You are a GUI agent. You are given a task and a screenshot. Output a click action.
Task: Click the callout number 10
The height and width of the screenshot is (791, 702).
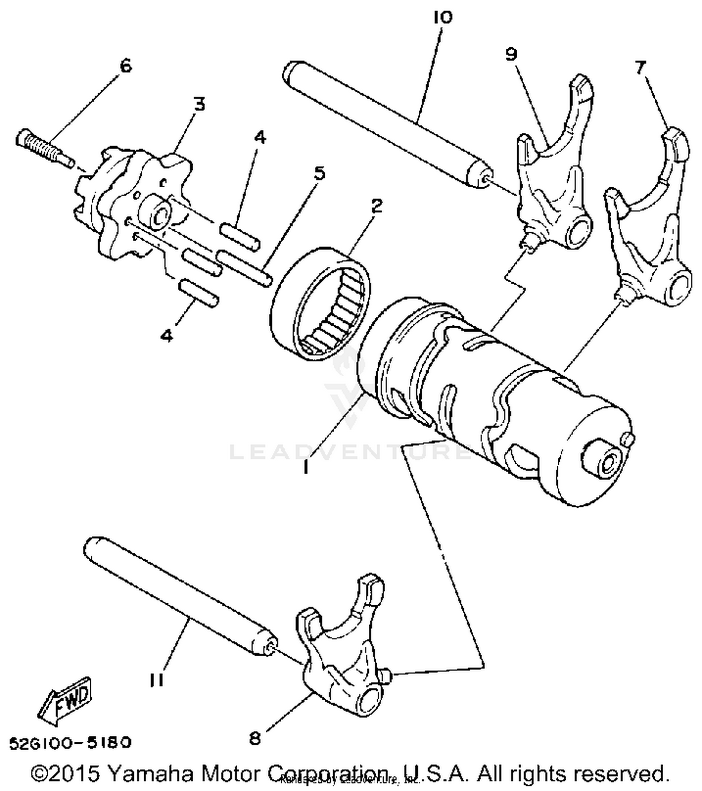pos(443,17)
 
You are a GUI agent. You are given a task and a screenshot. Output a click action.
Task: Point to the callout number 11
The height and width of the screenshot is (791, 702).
pos(157,680)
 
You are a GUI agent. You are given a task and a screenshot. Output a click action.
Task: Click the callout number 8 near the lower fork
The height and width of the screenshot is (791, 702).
pos(255,739)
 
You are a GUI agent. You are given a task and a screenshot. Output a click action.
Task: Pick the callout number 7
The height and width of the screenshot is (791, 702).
pos(640,67)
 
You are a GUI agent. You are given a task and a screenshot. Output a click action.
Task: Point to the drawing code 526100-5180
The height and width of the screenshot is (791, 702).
pos(70,742)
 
